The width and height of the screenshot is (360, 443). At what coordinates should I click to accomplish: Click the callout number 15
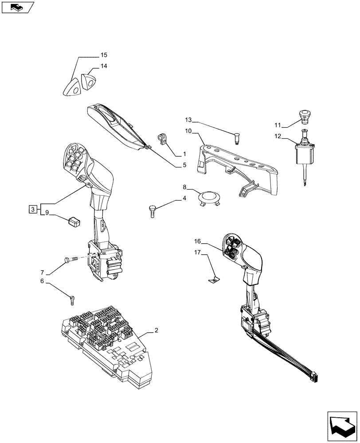[x=103, y=55]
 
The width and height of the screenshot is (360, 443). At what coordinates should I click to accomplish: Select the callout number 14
[x=103, y=66]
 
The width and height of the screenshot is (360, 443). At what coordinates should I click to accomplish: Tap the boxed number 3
[x=33, y=209]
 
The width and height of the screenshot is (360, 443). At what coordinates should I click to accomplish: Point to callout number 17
[x=197, y=253]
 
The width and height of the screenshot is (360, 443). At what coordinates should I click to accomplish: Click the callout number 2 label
[x=156, y=330]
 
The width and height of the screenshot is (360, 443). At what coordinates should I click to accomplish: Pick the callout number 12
[x=278, y=136]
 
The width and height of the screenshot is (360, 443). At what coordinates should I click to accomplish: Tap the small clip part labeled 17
[x=214, y=279]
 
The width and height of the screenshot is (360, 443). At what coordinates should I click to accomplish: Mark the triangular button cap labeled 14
[x=89, y=82]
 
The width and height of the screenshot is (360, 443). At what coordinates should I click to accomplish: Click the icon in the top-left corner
[x=17, y=7]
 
